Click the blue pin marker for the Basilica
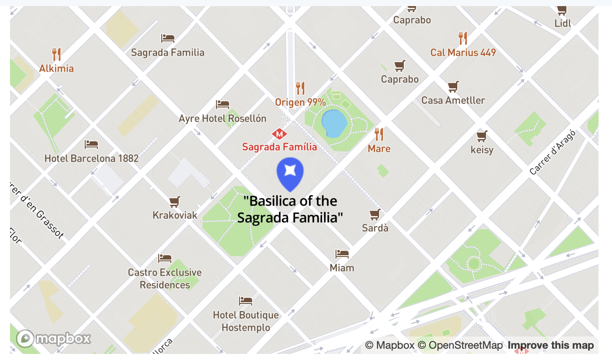coord(290,173)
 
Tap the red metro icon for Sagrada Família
coord(279,133)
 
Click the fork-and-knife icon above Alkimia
coord(57,54)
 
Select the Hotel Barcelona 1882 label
coord(91,158)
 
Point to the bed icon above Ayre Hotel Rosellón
coord(223,104)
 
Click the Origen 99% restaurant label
coord(300,103)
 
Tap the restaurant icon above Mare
coord(379,134)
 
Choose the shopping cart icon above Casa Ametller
coord(453,87)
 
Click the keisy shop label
coord(482,150)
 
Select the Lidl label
coord(563,23)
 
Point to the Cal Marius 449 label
coord(463,53)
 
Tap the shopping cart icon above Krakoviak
coord(175,202)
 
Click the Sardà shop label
coord(375,228)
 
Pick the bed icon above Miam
coord(342,253)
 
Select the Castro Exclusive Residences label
coord(165,279)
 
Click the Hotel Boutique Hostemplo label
coord(246,321)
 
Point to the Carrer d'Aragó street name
coord(552,153)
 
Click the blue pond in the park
coord(334,123)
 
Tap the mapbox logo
coord(54,339)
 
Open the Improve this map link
coord(551,346)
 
